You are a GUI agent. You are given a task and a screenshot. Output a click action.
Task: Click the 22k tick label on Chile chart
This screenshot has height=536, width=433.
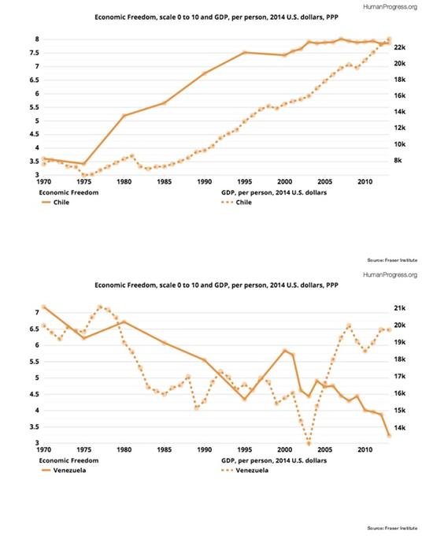pyautogui.click(x=399, y=47)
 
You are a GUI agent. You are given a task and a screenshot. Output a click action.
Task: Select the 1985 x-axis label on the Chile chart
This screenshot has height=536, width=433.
pyautogui.click(x=165, y=182)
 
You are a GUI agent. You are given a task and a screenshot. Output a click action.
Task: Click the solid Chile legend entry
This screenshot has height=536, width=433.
pyautogui.click(x=55, y=203)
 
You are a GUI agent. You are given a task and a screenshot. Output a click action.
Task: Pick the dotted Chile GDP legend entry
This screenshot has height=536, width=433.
pyautogui.click(x=237, y=203)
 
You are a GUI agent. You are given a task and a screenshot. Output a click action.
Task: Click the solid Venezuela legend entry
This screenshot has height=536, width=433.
pyautogui.click(x=64, y=471)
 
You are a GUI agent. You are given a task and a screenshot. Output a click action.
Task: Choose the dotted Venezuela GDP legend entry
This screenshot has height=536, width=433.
pyautogui.click(x=245, y=471)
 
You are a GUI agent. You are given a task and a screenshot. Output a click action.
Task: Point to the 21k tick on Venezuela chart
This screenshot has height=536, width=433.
pyautogui.click(x=399, y=308)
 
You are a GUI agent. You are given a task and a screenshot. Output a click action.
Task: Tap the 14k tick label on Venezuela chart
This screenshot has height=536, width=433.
pyautogui.click(x=399, y=428)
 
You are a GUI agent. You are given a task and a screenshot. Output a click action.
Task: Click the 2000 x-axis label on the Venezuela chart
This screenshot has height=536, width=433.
pyautogui.click(x=285, y=449)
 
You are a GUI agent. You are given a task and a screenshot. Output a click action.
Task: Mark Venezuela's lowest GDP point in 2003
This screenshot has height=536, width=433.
pyautogui.click(x=309, y=444)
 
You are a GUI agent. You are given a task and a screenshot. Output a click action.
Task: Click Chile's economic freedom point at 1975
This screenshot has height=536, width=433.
pyautogui.click(x=84, y=164)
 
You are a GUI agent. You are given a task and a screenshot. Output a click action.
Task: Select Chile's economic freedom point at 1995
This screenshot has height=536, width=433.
pyautogui.click(x=245, y=52)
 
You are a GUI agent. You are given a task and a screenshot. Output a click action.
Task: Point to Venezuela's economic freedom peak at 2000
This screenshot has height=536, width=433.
pyautogui.click(x=285, y=351)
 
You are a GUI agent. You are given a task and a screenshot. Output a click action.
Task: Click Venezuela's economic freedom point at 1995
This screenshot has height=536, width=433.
pyautogui.click(x=245, y=399)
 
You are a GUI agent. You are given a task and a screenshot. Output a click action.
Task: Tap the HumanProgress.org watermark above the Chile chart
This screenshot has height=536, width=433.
pyautogui.click(x=390, y=6)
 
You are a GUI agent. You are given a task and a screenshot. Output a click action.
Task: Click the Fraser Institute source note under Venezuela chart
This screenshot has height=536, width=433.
pyautogui.click(x=392, y=528)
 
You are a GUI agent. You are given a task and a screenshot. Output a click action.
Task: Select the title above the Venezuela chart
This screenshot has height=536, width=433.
pyautogui.click(x=216, y=285)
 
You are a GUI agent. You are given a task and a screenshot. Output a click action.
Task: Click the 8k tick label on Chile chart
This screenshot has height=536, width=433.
pyautogui.click(x=398, y=160)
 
